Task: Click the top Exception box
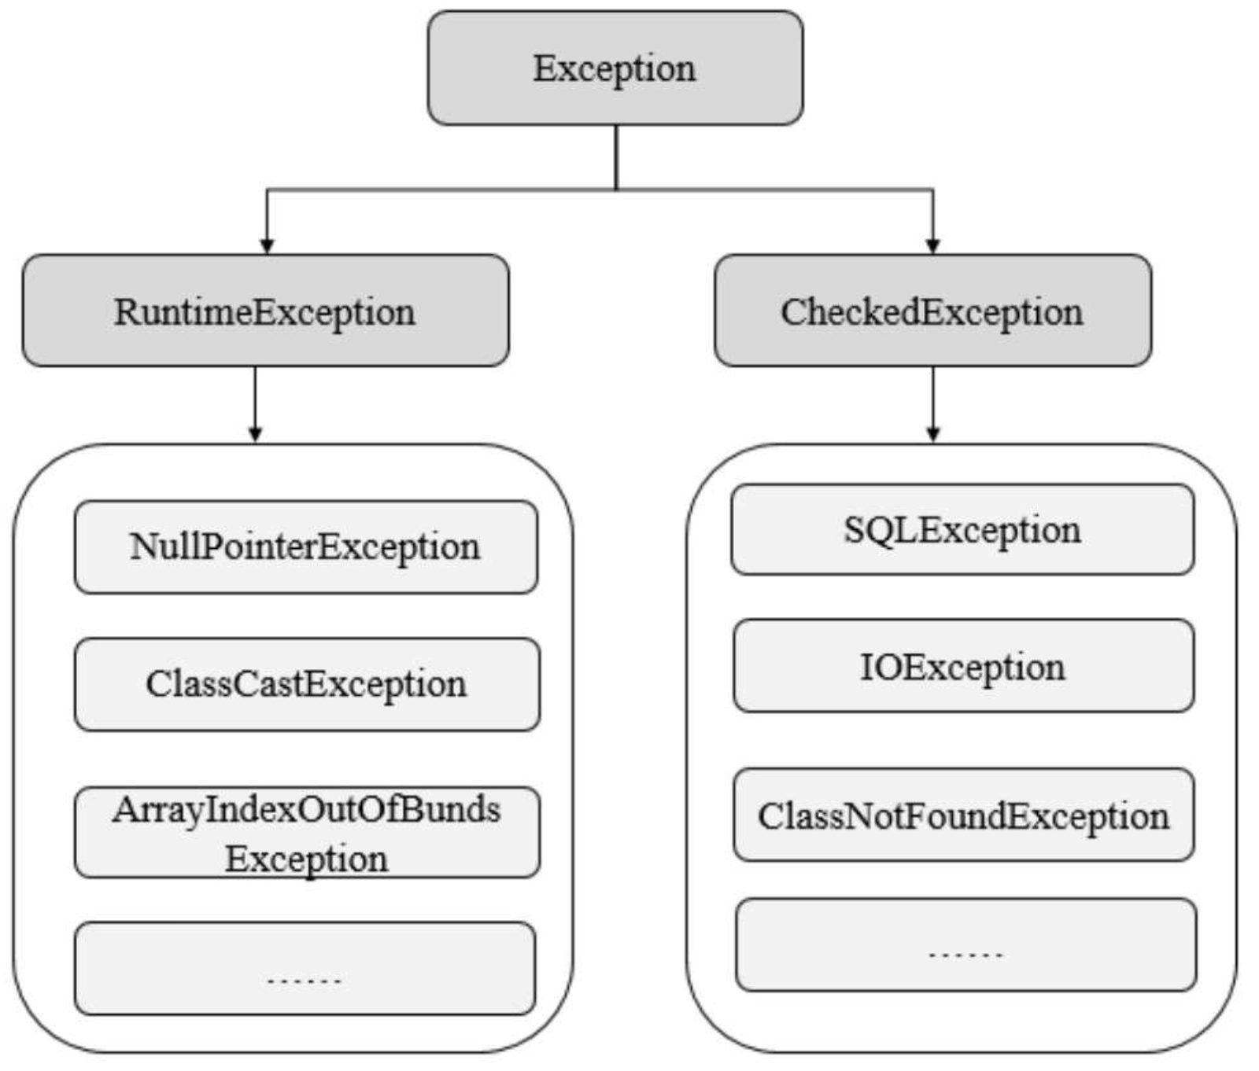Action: click(615, 68)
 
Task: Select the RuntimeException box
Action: click(265, 311)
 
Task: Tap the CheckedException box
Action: click(932, 311)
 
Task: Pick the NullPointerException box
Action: click(306, 547)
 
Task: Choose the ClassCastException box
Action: click(307, 684)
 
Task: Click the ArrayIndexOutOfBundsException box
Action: click(307, 832)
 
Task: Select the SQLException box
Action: click(962, 529)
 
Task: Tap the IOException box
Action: click(963, 666)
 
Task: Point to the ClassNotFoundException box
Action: click(963, 815)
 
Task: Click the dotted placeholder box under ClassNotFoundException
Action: click(965, 944)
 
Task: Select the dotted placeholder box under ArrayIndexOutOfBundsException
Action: click(305, 969)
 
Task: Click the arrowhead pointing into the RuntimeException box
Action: click(267, 245)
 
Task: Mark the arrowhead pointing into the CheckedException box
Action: click(933, 245)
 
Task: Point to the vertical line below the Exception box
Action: click(616, 157)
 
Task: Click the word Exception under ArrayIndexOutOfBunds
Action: click(307, 859)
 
